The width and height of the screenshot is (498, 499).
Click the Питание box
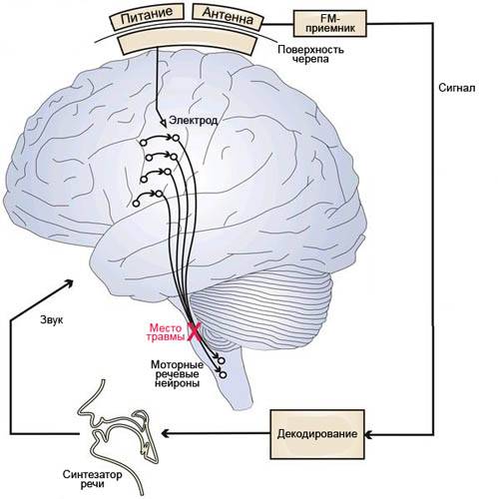[x=147, y=17]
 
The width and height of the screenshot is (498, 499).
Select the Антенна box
[x=228, y=17]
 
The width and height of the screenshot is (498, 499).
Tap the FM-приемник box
[x=329, y=23]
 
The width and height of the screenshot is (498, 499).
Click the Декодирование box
[x=317, y=434]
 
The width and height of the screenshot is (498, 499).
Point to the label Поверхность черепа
[x=310, y=54]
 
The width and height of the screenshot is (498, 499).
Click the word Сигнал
[x=457, y=88]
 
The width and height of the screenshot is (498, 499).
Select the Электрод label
[x=194, y=120]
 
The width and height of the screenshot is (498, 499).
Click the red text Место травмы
[x=166, y=332]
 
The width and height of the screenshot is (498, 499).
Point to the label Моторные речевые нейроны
[x=177, y=373]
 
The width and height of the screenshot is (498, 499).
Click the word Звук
[x=51, y=320]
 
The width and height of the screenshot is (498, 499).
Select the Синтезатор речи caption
[x=93, y=479]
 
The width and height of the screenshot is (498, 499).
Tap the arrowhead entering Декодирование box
[x=369, y=434]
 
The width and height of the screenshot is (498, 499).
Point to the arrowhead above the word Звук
[x=69, y=283]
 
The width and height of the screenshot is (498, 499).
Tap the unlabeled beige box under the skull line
[x=189, y=41]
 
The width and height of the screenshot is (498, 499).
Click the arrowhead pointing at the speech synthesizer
[x=166, y=433]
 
